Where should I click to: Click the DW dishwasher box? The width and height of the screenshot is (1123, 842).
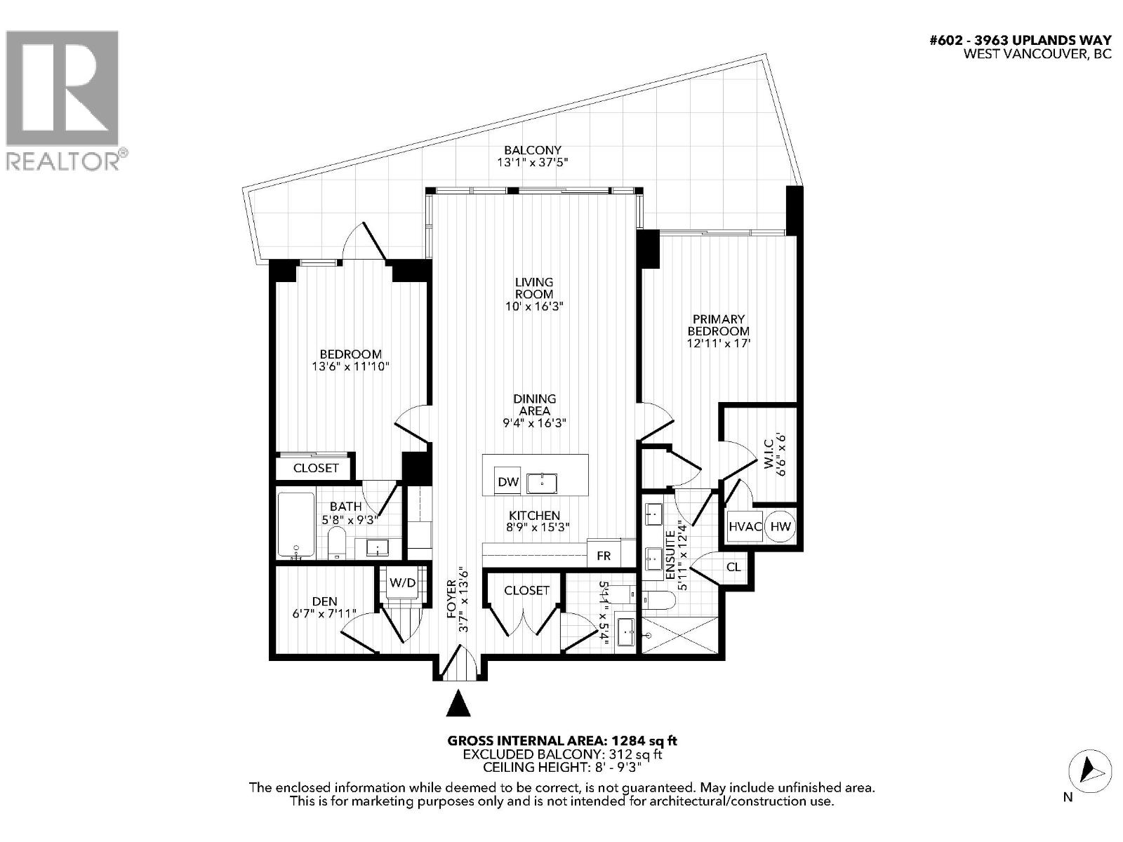(507, 481)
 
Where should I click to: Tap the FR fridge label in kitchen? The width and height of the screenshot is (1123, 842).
(604, 555)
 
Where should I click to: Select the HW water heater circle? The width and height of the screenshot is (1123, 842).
(780, 526)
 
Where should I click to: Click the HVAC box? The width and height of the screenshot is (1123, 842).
(745, 526)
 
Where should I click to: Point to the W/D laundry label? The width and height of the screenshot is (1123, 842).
(402, 582)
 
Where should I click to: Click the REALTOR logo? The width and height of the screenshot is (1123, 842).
(63, 98)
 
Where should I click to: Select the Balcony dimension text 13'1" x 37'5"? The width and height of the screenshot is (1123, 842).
(533, 163)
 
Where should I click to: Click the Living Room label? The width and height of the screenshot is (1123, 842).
(534, 288)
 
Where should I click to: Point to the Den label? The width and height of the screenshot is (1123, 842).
(324, 601)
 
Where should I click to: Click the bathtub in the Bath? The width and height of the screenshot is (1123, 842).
(295, 525)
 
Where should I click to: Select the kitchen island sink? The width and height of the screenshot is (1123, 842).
(542, 482)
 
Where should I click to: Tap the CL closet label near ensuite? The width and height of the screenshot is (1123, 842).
(733, 566)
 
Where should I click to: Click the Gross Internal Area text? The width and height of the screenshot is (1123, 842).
(562, 740)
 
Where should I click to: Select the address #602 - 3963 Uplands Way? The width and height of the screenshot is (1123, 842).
(1020, 41)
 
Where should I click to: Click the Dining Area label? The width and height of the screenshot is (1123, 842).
(534, 404)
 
